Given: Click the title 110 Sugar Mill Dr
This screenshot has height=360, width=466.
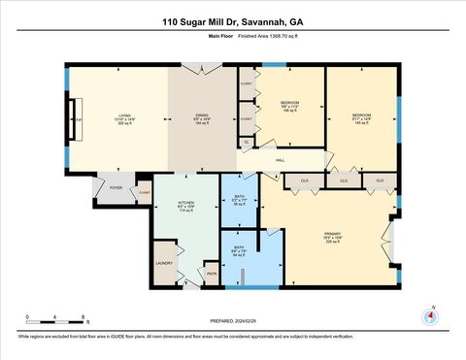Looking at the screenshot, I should point(233,20).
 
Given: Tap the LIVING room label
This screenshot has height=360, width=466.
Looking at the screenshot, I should point(124,117).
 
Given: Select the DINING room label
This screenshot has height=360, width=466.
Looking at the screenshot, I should point(203,117).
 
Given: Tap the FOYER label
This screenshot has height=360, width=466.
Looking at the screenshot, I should point(115,187).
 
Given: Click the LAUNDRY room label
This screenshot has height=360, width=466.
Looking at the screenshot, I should point(162,262).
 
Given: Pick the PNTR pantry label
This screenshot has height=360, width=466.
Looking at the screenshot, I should point(211,274).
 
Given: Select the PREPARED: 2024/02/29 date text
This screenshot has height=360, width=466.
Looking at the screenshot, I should point(233,321).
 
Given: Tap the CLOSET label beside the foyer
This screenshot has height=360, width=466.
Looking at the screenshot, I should point(144,193).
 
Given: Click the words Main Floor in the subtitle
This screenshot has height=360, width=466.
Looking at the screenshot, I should point(220,36).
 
